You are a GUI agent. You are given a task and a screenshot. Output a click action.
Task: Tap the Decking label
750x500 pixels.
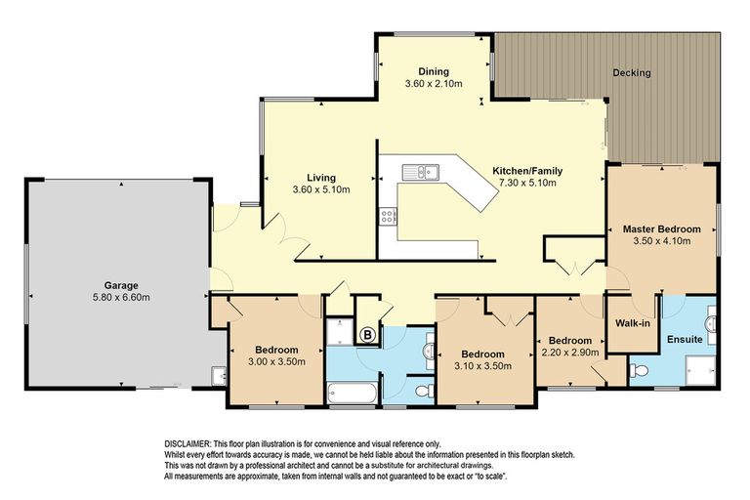632,72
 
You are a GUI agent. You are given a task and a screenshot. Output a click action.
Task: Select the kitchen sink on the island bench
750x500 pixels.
421,171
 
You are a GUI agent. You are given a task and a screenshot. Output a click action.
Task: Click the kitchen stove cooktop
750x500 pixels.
388,216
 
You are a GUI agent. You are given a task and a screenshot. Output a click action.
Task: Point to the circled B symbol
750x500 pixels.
367,335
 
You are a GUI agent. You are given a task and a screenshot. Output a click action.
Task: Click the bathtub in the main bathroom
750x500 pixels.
352,393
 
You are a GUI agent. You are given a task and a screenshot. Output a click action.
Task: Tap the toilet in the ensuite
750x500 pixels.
639,370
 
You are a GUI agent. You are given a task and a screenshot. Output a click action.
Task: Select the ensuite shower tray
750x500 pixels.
701,369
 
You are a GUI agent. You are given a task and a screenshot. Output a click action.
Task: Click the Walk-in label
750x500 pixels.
633,323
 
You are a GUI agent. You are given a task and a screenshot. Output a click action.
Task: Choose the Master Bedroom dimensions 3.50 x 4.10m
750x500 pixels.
661,240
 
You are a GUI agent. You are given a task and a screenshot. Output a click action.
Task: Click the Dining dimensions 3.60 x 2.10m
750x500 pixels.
434,84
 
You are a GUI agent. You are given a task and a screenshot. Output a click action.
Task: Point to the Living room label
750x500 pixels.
321,178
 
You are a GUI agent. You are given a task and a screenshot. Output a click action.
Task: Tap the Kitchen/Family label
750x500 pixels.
527,171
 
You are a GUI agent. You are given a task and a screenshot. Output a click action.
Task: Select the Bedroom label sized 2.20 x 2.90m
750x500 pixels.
570,341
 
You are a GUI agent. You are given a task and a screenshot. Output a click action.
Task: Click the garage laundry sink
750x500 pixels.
219,375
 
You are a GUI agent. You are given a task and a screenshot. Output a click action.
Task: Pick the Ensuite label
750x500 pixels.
685,339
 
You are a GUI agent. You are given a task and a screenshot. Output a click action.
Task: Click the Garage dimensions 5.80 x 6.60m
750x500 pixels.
121,298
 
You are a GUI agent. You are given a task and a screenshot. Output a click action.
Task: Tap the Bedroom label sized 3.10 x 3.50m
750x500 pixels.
482,354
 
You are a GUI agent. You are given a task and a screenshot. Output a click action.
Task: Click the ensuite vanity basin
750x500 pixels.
710,324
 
